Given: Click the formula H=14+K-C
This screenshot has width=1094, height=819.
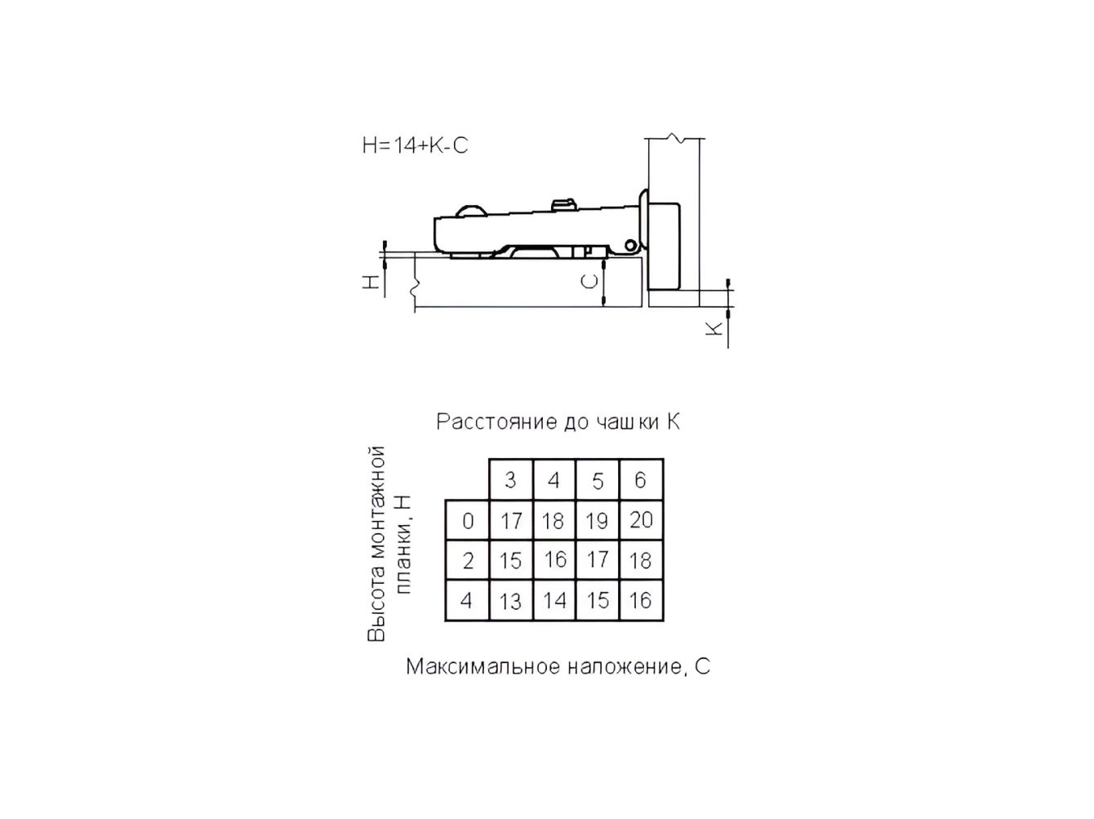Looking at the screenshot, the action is (416, 145).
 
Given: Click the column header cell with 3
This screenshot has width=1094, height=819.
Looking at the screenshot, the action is (511, 479).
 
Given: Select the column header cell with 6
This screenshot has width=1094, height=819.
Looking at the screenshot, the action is (642, 479).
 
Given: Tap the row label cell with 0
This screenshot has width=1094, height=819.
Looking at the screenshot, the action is (467, 520).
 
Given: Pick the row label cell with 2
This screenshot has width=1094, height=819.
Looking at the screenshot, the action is (467, 560).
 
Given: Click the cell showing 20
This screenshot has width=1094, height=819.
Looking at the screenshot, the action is (642, 520).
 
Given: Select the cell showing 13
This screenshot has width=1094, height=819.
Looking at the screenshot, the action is (511, 600).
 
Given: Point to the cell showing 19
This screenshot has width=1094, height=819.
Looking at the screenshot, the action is (598, 520).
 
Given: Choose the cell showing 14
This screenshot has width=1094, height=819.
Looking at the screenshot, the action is (554, 600).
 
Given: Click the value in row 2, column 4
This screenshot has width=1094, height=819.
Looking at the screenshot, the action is (554, 559).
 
